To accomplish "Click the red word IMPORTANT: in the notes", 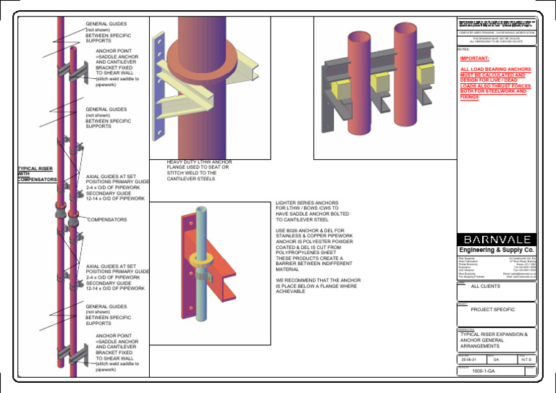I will point(474,58).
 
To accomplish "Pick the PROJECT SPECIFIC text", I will point(492,310).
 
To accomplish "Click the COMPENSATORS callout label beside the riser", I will point(106,219).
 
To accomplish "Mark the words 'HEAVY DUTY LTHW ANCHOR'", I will point(198,161).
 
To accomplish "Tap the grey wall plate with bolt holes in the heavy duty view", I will point(158,87).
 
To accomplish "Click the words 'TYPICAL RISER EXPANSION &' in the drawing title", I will point(499,335).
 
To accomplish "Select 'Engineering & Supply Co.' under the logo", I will point(496,250).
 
